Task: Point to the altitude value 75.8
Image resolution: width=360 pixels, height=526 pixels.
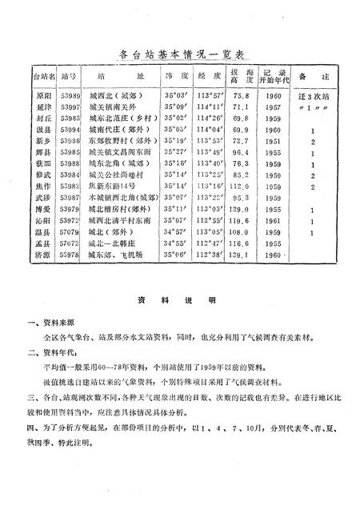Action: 240,94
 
